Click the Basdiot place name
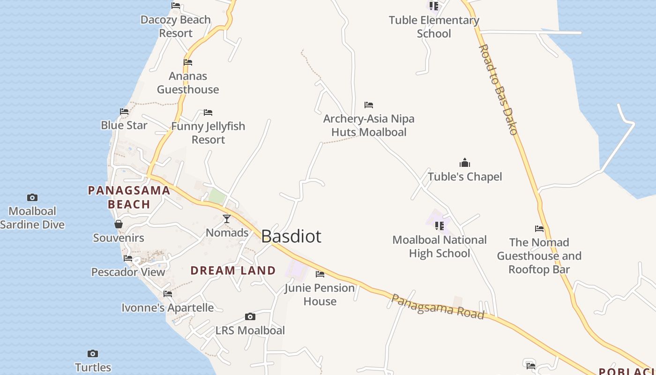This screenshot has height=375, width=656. (291, 236)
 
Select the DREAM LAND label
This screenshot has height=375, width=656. (233, 270)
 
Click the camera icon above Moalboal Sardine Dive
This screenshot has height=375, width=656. (32, 197)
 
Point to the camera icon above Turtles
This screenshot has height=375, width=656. (93, 353)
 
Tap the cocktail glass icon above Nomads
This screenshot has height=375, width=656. (227, 218)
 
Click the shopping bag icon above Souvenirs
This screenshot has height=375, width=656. (118, 224)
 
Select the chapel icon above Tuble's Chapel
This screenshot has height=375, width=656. (465, 163)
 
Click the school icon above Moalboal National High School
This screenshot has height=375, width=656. (439, 226)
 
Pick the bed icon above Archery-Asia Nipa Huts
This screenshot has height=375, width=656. (369, 105)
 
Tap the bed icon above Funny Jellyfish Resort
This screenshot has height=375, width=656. (208, 112)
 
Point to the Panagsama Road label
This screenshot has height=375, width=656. (437, 307)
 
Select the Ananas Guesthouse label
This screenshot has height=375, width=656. (188, 82)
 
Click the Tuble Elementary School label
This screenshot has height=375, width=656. (434, 27)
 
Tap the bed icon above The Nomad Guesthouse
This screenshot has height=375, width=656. (539, 229)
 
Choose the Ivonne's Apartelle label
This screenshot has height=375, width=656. (167, 308)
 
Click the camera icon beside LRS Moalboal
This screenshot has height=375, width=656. (250, 317)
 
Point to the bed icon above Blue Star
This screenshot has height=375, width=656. (124, 112)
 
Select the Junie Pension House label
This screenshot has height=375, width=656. (320, 294)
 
